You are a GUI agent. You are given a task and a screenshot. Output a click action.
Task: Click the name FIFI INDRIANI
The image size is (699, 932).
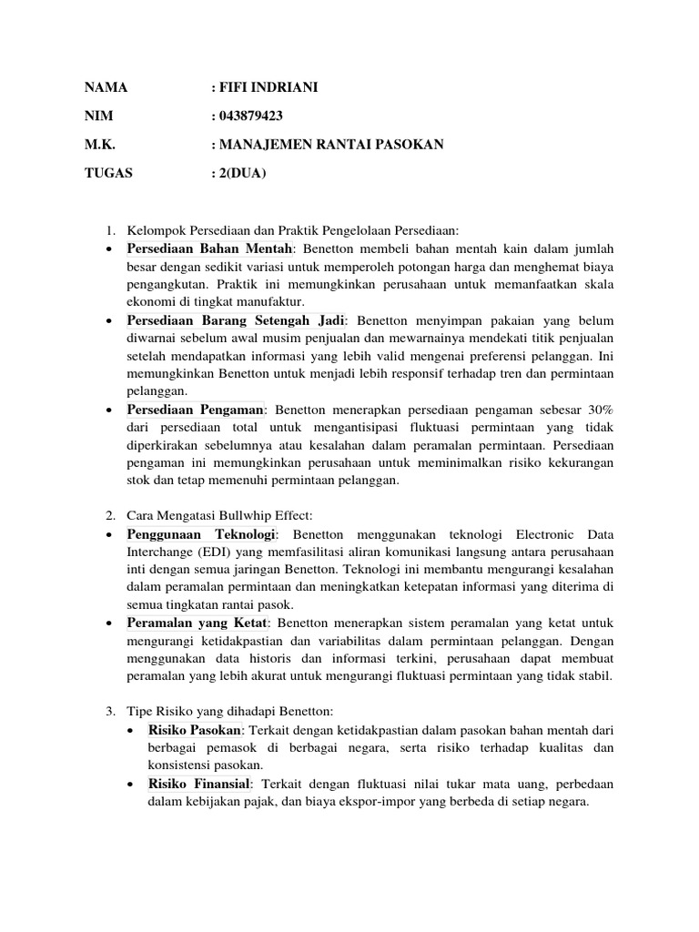pyautogui.click(x=268, y=88)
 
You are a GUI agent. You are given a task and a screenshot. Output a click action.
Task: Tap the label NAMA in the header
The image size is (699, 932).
pyautogui.click(x=106, y=88)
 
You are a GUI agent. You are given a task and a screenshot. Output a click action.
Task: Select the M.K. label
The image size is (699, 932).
pyautogui.click(x=100, y=145)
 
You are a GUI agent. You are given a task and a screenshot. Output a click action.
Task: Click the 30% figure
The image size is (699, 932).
pyautogui.click(x=595, y=410)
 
